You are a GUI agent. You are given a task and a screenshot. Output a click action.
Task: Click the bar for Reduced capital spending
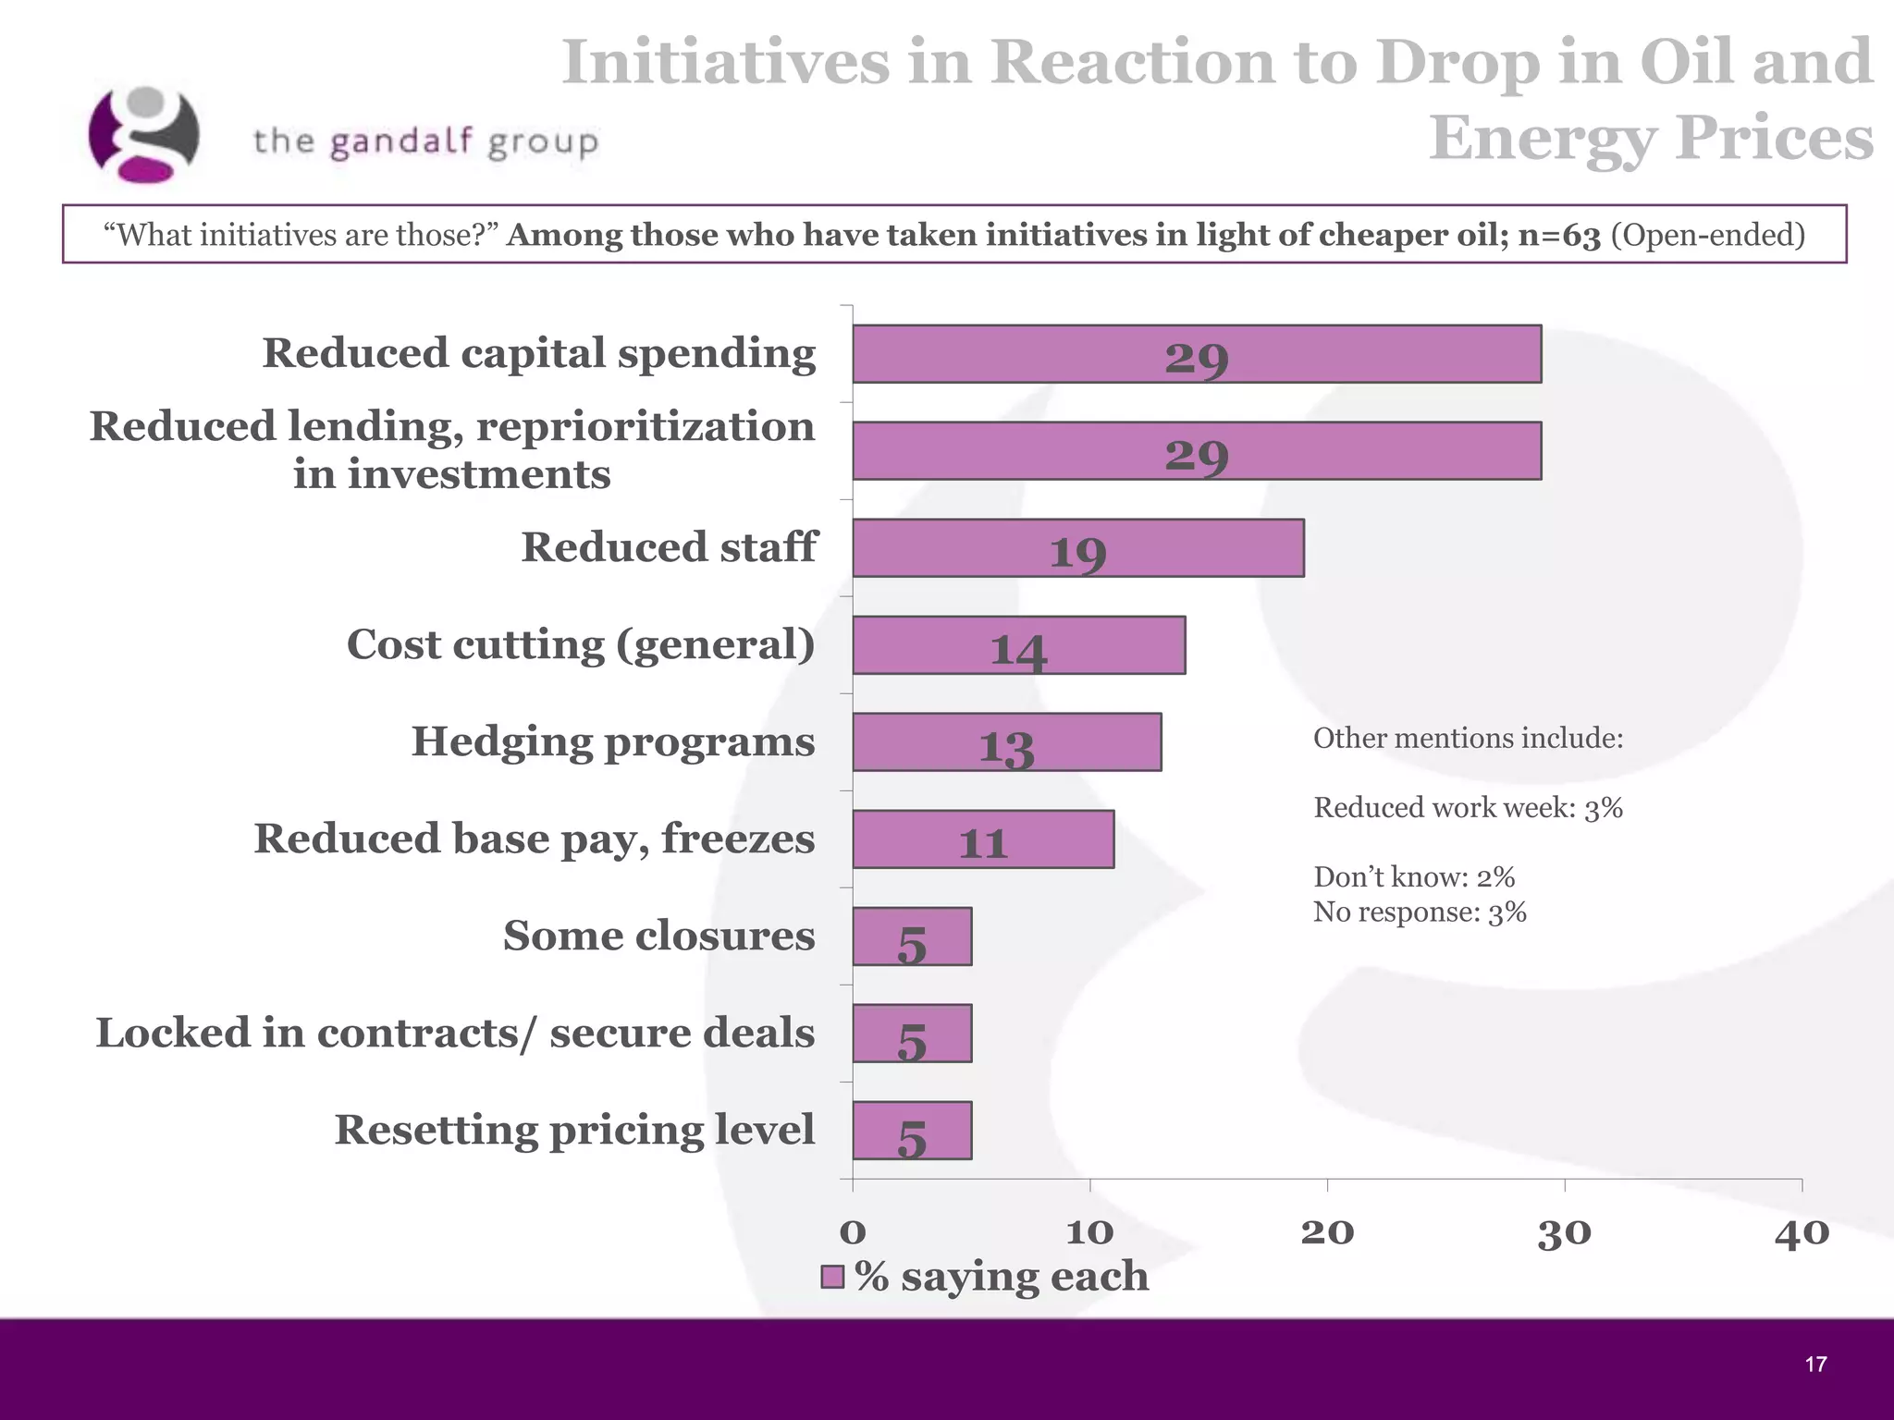pos(1196,354)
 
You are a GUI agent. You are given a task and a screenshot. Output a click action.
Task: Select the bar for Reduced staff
pos(1077,548)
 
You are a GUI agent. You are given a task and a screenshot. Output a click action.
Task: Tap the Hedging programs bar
pos(1006,742)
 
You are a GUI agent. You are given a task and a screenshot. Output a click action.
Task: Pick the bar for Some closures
pos(912,936)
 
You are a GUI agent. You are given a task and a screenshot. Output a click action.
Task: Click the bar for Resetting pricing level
pos(912,1131)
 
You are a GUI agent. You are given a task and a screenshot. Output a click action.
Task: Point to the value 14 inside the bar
pos(1018,650)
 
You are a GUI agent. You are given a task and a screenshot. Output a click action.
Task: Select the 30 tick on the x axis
pos(1564,1233)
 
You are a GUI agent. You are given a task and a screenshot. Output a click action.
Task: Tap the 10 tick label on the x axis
pos(1089,1233)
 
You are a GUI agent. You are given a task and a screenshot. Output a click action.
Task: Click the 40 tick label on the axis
pos(1801,1233)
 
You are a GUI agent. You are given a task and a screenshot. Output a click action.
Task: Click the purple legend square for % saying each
pos(832,1278)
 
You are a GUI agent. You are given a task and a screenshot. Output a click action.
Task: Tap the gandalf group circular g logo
pos(143,135)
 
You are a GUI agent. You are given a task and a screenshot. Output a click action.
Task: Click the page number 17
pos(1815,1365)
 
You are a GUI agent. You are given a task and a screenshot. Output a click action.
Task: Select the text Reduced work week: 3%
pos(1468,808)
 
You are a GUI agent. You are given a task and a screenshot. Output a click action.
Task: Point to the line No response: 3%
pos(1419,912)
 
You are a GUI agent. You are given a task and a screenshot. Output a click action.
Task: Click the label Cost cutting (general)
pos(581,644)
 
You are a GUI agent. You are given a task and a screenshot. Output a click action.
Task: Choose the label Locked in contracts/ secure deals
pos(455,1033)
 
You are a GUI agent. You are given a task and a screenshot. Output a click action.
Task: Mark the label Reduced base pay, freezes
pos(535,839)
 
